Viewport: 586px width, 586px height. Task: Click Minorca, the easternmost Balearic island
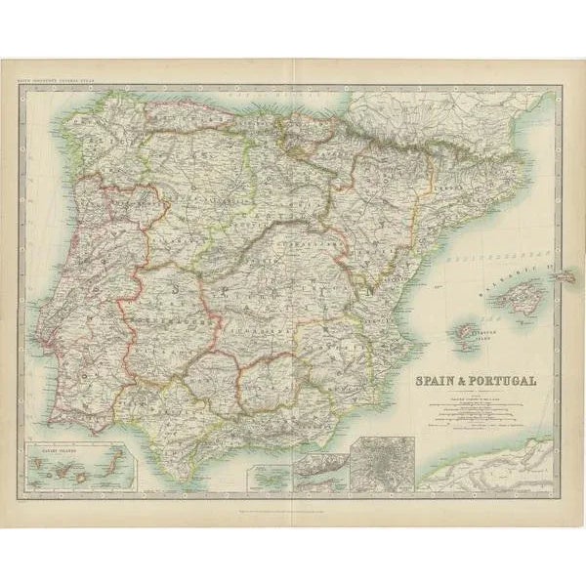point(566,276)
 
